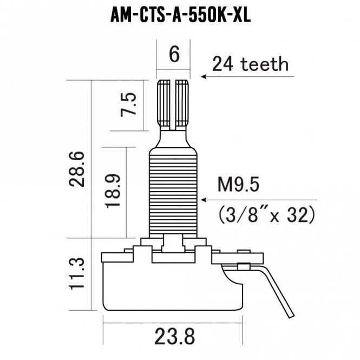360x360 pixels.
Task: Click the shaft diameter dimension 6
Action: click(x=174, y=55)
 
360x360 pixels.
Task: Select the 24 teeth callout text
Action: click(x=250, y=65)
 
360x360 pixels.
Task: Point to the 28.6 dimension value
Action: click(x=78, y=169)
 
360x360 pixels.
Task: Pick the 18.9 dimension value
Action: click(x=111, y=192)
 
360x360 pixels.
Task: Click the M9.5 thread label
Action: click(x=238, y=186)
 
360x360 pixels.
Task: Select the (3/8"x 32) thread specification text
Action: click(x=266, y=215)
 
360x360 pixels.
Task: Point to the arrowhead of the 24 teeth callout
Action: click(x=204, y=76)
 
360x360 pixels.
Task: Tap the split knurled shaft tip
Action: click(x=174, y=103)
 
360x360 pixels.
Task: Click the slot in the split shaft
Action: click(x=174, y=106)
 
